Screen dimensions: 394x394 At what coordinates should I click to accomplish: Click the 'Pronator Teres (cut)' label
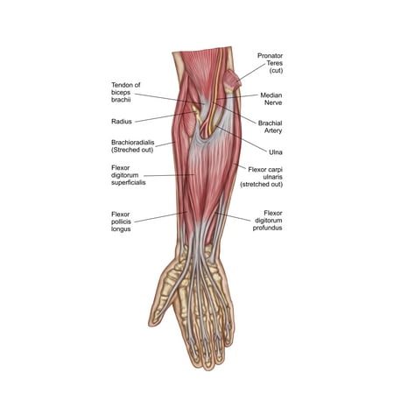(270, 63)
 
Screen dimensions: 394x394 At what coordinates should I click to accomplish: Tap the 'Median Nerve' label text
(271, 99)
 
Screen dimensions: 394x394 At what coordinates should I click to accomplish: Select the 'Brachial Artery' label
(270, 127)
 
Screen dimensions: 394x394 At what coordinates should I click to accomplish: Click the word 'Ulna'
(276, 152)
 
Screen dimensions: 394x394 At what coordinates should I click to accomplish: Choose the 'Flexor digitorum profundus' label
(267, 221)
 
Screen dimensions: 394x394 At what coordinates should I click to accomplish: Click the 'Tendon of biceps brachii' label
(126, 92)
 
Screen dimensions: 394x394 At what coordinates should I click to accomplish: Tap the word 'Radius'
(122, 122)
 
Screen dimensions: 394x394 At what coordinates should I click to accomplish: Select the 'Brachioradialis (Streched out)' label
(133, 146)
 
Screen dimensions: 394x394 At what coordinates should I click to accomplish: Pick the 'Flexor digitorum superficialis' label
(129, 175)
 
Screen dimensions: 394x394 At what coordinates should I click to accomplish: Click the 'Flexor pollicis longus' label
(121, 222)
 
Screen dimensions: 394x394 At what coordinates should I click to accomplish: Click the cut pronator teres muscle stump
(232, 79)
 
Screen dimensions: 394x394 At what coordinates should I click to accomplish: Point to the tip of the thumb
(151, 323)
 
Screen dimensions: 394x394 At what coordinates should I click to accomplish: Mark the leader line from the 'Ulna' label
(242, 139)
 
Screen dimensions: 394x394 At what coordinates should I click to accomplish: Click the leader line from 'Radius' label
(165, 116)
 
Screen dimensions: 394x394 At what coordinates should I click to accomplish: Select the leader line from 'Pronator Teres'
(250, 73)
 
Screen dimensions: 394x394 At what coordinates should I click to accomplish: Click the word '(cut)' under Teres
(276, 70)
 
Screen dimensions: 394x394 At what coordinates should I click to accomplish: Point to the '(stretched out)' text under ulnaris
(262, 184)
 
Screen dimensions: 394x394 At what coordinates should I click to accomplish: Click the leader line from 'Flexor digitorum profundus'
(233, 217)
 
